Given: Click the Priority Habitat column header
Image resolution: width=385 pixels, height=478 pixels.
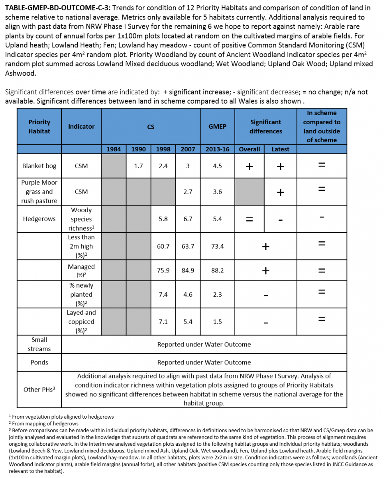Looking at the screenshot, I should (39, 126).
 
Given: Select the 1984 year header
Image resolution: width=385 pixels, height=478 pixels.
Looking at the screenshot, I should (114, 149).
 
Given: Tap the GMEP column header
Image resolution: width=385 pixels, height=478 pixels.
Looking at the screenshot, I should (217, 126).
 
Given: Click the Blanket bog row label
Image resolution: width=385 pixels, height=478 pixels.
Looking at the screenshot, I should (39, 166).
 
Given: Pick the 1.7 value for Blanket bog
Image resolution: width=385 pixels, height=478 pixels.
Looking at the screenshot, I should (138, 166).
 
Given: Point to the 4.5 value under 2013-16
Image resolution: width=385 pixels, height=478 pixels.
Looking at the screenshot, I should (217, 166).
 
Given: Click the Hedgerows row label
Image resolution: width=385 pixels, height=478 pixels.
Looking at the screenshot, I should (39, 219).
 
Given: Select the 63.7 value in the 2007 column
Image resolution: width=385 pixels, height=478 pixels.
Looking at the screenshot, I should (188, 246).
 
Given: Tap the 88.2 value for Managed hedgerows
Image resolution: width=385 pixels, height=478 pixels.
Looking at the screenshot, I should (217, 270).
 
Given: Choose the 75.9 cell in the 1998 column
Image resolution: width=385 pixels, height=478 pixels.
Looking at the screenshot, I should (163, 270).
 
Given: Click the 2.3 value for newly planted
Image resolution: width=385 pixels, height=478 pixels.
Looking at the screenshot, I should (217, 295).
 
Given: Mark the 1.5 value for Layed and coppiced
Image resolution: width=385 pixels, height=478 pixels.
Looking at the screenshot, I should (217, 322).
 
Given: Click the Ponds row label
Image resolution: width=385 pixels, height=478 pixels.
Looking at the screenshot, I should (39, 362).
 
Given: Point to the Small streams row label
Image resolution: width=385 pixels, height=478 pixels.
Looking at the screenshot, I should (39, 344).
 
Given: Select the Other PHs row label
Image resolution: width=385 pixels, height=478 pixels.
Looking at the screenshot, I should (39, 390).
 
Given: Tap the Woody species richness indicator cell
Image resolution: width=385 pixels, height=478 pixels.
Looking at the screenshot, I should (81, 219).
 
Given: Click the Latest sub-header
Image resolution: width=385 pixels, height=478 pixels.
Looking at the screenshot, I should (280, 149).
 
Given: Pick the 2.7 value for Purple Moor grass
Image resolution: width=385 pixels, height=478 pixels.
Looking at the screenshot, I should (188, 192).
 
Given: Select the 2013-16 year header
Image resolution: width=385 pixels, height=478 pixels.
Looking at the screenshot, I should (217, 149).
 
